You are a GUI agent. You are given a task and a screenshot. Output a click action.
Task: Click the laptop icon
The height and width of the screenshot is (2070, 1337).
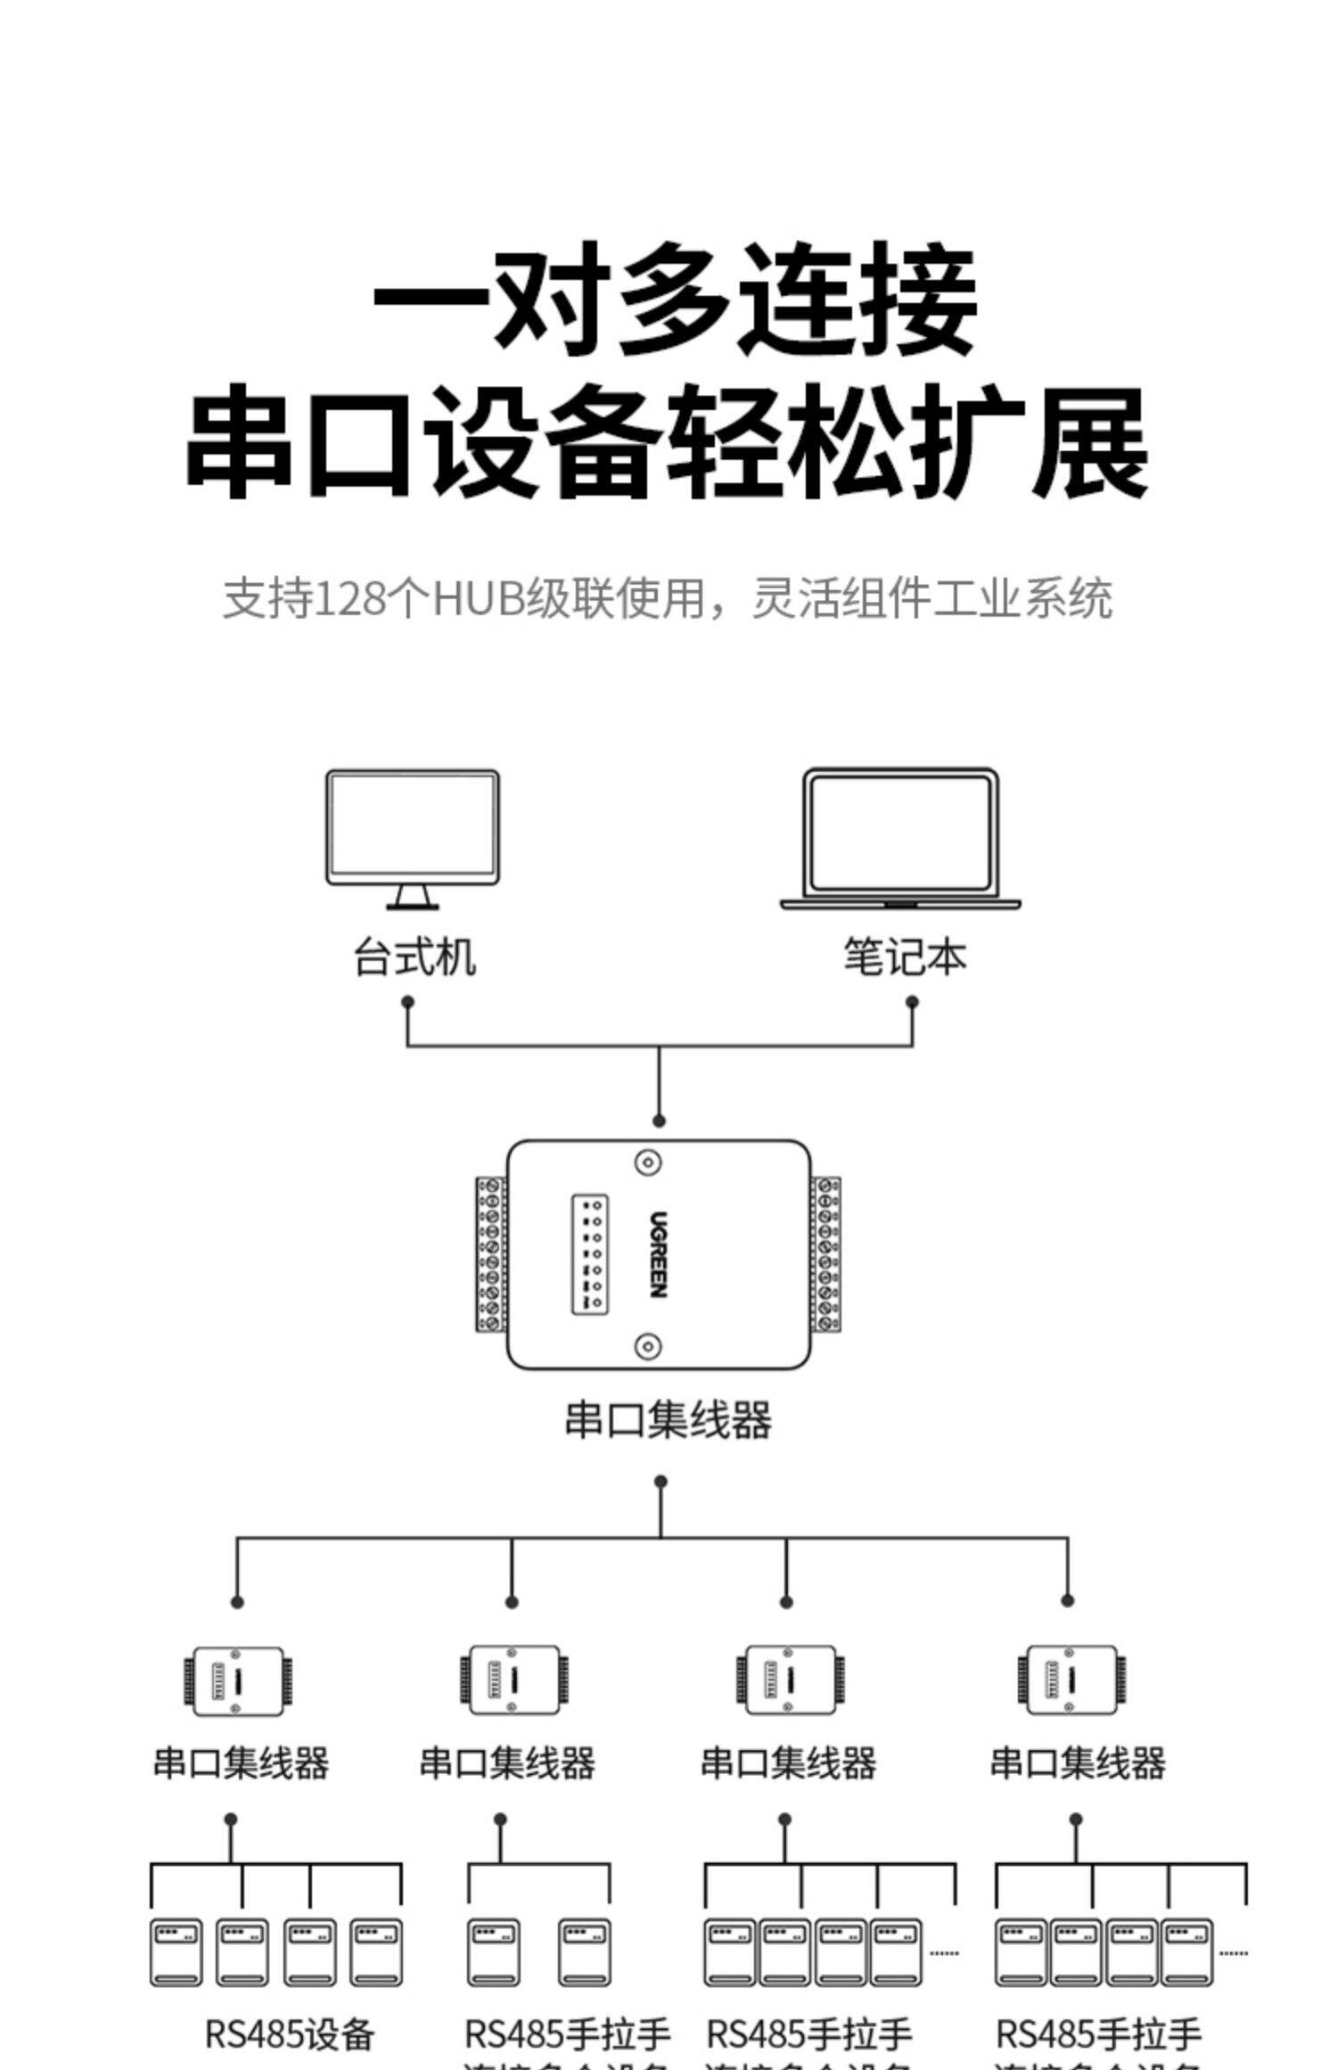click(x=900, y=838)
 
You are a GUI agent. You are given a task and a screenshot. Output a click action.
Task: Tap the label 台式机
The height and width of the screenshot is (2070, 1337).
click(x=414, y=957)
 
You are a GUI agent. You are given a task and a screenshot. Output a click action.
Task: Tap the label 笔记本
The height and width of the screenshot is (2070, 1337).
click(x=905, y=957)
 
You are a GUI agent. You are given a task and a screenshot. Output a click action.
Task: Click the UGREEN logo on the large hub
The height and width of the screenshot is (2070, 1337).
click(x=659, y=1253)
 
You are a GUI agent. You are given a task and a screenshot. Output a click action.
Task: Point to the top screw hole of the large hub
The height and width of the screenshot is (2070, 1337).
click(x=648, y=1162)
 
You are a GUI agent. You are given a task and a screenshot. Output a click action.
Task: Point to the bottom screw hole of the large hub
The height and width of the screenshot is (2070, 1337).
click(x=648, y=1346)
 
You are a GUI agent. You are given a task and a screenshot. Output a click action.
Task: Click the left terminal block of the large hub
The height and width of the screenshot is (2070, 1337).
click(x=490, y=1254)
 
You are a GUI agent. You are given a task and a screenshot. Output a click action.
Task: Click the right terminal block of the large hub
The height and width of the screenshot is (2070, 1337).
click(x=826, y=1254)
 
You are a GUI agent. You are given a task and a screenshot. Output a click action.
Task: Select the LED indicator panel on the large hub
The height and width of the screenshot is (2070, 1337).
click(x=589, y=1253)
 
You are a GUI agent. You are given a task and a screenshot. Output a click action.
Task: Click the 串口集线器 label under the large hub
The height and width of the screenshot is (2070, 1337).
click(x=668, y=1420)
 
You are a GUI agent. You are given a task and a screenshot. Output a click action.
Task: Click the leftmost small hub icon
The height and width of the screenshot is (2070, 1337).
click(x=238, y=1681)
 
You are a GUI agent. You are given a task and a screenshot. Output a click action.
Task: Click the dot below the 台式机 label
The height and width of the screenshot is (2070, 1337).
click(x=407, y=1002)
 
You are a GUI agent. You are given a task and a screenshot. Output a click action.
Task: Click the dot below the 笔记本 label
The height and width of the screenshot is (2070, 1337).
click(x=912, y=1002)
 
